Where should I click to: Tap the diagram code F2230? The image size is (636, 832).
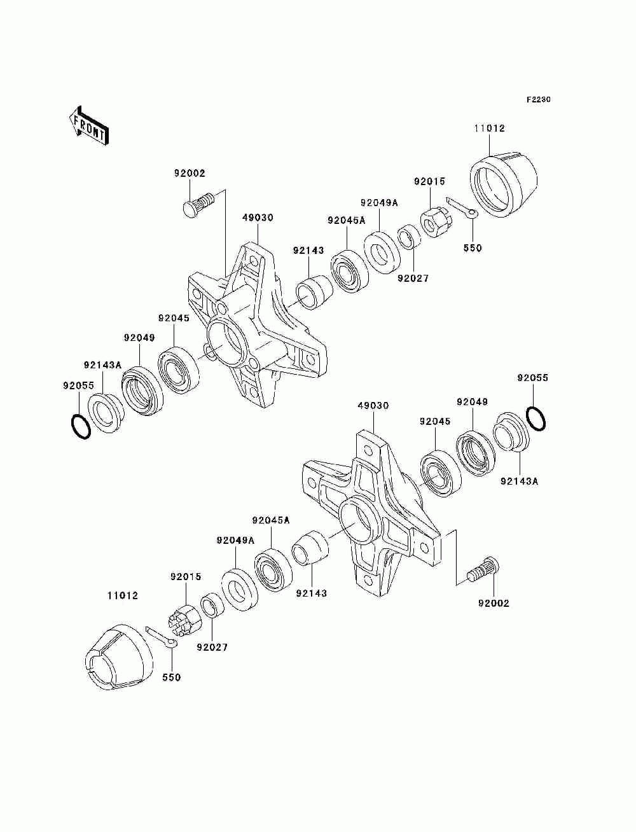[538, 100]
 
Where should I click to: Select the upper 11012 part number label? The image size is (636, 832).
[488, 128]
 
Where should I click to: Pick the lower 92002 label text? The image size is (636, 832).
[494, 602]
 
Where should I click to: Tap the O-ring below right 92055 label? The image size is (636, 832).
[536, 419]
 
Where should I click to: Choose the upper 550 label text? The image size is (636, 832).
[473, 248]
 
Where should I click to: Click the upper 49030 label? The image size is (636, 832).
[258, 218]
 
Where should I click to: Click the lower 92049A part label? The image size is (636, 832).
[235, 541]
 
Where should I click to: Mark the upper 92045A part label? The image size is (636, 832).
[347, 220]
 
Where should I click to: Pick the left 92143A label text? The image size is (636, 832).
[102, 365]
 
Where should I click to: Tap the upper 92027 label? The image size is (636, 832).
[413, 278]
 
